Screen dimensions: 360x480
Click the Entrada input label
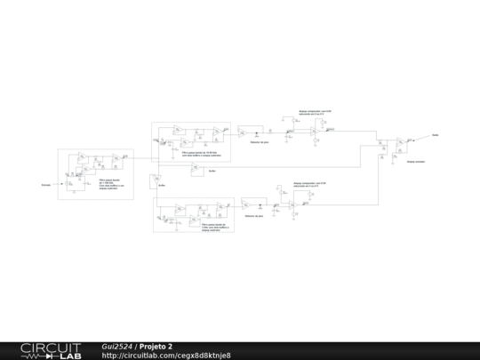45,185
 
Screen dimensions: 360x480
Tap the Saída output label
436,135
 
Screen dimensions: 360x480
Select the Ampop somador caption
416,162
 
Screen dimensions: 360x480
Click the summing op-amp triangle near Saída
402,141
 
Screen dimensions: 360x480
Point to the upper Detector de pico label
260,141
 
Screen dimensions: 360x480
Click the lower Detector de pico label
255,215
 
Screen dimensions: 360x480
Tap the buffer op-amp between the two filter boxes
196,169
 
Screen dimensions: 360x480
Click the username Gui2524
117,347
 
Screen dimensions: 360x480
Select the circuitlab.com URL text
166,356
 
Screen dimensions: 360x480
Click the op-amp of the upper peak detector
242,132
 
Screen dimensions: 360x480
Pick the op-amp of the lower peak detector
246,204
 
